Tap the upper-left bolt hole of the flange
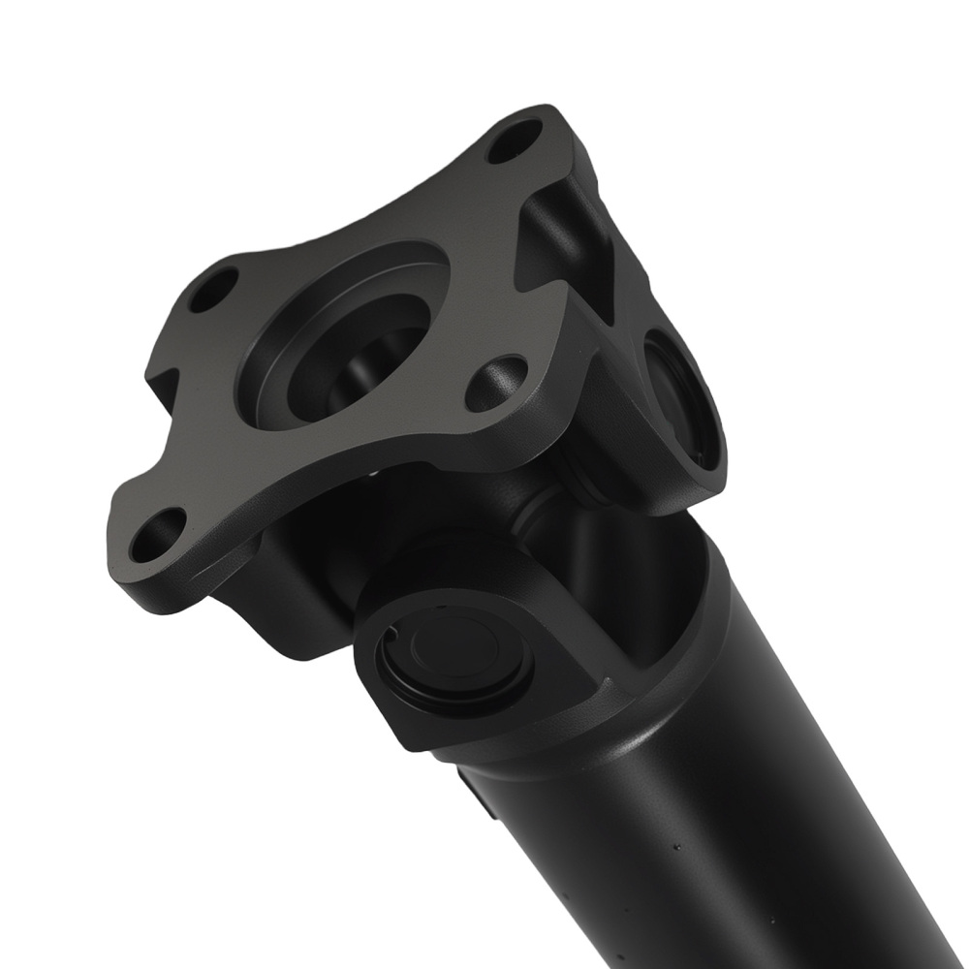[x=213, y=289]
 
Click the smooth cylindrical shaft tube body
[x=736, y=824]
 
